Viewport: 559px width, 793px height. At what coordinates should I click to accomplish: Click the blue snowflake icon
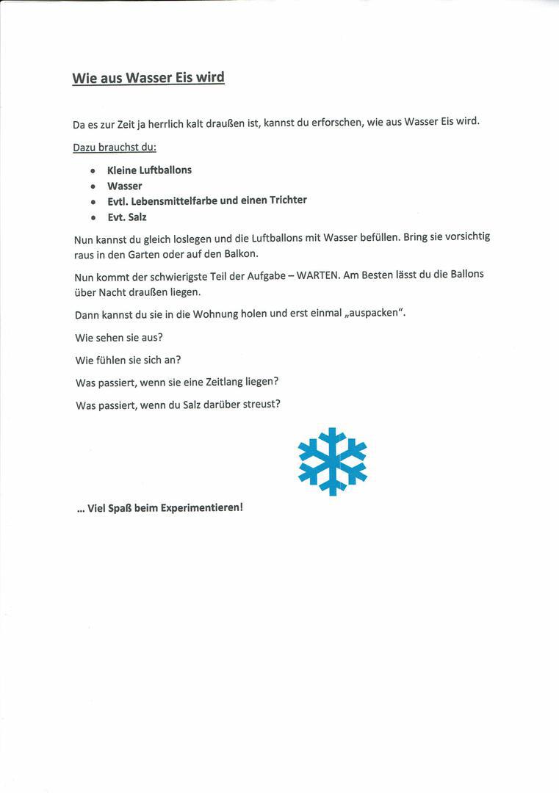coord(332,461)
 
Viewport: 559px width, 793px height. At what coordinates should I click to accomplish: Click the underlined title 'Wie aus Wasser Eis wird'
coord(148,78)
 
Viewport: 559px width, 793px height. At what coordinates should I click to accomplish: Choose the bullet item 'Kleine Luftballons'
coord(149,170)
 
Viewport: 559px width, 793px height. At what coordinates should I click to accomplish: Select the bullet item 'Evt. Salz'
coord(127,217)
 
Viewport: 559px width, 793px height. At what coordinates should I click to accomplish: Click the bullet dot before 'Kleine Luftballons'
coord(93,170)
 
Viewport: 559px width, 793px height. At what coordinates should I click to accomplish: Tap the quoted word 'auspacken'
coord(375,313)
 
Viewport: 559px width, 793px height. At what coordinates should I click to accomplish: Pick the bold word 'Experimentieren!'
coord(201,507)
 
